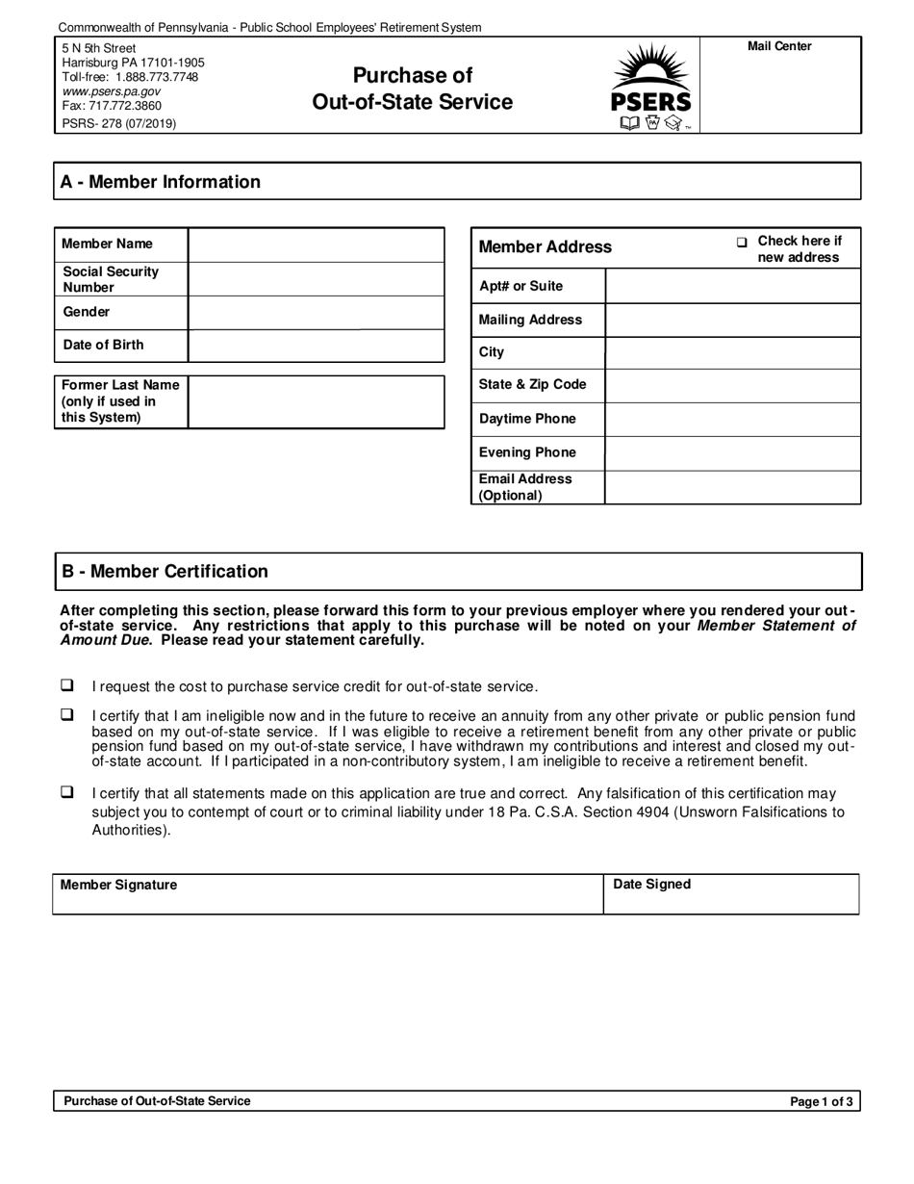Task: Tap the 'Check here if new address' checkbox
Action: (742, 243)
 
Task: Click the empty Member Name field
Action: (316, 245)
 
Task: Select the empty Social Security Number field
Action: (316, 279)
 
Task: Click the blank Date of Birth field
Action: (316, 345)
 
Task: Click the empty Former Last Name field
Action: (316, 401)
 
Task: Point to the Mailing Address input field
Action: (732, 320)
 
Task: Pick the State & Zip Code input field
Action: (732, 385)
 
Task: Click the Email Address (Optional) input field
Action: (732, 487)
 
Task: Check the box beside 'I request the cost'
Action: (67, 685)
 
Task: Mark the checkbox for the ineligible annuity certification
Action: (67, 715)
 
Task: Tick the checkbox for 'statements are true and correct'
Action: (67, 792)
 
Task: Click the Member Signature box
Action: (327, 895)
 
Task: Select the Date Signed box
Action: (731, 895)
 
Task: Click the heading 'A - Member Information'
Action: (161, 182)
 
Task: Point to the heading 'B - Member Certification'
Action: (165, 571)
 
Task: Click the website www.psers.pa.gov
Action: (112, 91)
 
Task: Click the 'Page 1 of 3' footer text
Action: (821, 1102)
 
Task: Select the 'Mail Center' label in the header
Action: (779, 46)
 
